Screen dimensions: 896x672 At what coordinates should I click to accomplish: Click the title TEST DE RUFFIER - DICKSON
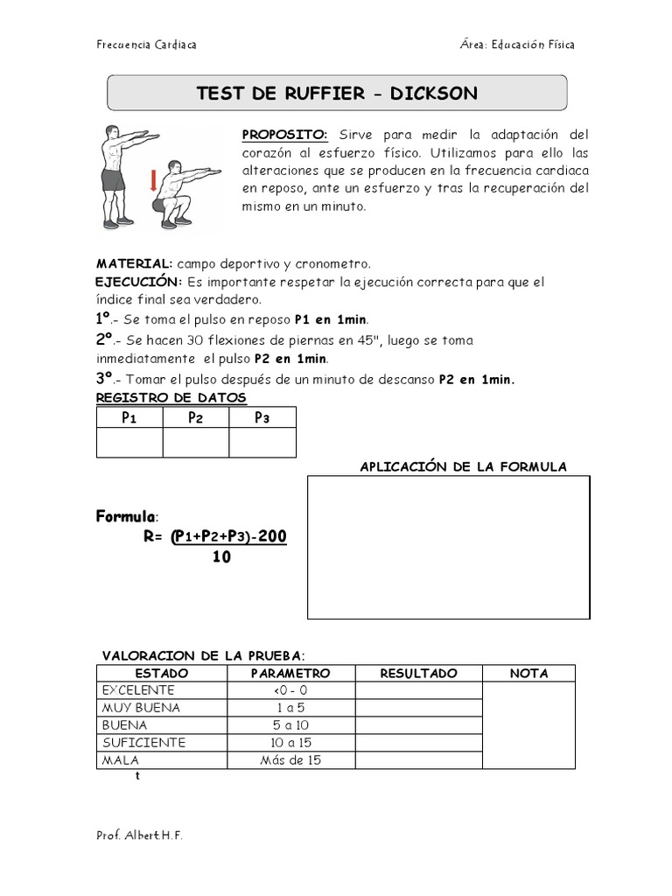[x=337, y=94]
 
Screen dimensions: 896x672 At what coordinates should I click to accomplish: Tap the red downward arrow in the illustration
[x=154, y=182]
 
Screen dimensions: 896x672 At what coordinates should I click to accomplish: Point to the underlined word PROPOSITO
[x=283, y=134]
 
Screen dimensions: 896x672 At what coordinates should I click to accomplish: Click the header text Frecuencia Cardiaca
[x=145, y=45]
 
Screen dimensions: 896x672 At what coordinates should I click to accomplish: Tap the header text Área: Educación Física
[x=517, y=45]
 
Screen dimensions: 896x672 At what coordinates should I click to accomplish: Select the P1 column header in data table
[x=129, y=417]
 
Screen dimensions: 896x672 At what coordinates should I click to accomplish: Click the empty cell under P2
[x=196, y=443]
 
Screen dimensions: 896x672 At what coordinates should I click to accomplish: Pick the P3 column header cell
[x=262, y=417]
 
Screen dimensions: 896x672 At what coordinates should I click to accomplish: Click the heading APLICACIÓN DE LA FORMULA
[x=463, y=466]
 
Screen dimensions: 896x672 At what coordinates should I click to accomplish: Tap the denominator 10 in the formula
[x=221, y=556]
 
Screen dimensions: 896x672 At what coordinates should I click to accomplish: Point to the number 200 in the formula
[x=269, y=536]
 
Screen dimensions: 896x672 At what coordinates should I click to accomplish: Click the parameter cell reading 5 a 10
[x=290, y=725]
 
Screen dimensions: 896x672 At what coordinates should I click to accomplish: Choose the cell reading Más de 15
[x=290, y=760]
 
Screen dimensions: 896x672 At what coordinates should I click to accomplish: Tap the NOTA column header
[x=528, y=673]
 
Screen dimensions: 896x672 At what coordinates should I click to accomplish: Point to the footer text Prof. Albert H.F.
[x=139, y=836]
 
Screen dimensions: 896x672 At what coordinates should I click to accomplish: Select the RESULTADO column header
[x=419, y=673]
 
